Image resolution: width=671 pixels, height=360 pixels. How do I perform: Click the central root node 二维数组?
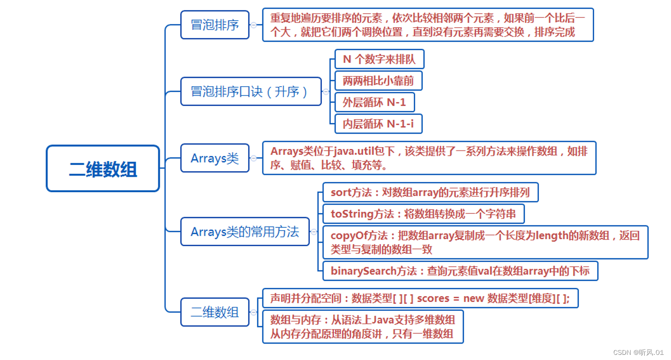point(103,168)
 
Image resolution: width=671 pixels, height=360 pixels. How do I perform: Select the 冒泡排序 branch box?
point(215,25)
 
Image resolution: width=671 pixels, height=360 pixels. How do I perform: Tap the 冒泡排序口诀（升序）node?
point(251,91)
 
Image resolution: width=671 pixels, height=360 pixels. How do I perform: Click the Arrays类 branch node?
point(215,158)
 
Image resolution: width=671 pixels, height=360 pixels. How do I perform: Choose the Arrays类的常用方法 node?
point(245,232)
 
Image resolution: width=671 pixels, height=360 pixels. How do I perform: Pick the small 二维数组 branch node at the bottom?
point(215,312)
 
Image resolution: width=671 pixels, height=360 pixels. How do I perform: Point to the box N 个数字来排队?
point(379,60)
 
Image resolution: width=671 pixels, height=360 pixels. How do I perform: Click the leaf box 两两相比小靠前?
point(378,81)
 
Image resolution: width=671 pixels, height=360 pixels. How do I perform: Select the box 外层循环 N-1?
point(374,102)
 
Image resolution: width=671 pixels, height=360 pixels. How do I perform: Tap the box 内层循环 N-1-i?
point(378,124)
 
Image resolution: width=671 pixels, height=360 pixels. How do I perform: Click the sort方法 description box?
point(430,193)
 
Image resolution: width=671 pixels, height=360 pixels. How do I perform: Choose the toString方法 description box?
point(423,214)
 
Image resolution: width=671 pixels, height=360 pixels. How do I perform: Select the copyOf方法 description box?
point(485,242)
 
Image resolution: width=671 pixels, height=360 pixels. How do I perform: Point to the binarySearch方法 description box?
point(460,271)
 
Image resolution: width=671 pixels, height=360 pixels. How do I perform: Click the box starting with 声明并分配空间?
point(420,298)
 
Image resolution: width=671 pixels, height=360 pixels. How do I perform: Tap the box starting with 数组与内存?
point(362,327)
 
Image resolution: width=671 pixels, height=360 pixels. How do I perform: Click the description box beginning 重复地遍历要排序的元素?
point(427,25)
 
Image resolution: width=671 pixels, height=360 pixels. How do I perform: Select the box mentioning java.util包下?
point(429,158)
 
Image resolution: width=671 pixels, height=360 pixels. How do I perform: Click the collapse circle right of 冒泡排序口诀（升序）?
point(326,92)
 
